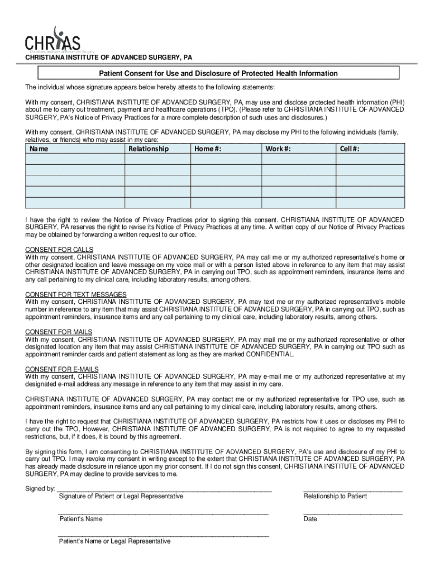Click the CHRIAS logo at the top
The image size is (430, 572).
(x=52, y=41)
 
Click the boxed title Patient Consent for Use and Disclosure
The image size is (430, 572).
(x=218, y=73)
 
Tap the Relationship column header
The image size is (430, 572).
(x=148, y=149)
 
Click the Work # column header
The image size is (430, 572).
(x=278, y=149)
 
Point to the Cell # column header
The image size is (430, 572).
(x=350, y=149)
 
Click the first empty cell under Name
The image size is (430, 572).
(x=75, y=159)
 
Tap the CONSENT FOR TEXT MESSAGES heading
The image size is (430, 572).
(x=76, y=294)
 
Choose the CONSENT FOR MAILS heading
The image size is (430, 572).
(x=59, y=332)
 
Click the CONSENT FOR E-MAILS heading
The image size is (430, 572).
(x=62, y=369)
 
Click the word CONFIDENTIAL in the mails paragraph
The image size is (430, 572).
(x=267, y=354)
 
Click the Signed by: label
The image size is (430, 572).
(x=40, y=488)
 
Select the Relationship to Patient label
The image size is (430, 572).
(x=335, y=496)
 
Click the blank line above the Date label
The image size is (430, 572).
(x=352, y=512)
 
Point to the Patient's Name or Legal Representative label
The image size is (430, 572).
(x=114, y=541)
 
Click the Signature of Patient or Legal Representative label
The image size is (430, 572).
(x=121, y=496)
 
